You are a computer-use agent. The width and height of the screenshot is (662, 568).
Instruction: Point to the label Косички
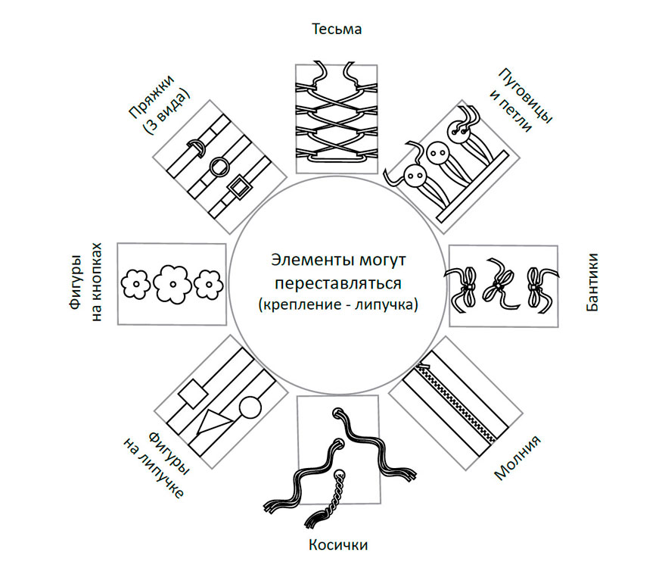(x=338, y=545)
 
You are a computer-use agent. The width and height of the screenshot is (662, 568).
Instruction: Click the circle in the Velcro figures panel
(x=250, y=410)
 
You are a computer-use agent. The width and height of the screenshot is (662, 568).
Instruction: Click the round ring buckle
(x=219, y=167)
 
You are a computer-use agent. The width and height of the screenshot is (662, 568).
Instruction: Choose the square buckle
(x=239, y=186)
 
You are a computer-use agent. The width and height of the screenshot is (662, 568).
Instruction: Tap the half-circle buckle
(x=195, y=147)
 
